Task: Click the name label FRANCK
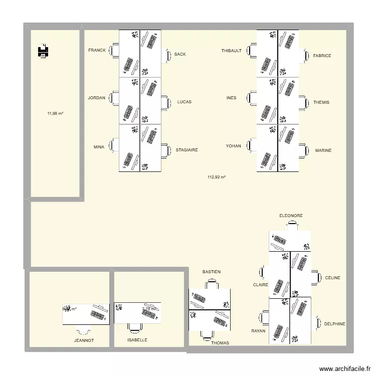coord(97,50)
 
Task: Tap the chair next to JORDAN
coord(114,98)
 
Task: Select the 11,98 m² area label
coord(55,113)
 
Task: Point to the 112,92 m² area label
coord(217,177)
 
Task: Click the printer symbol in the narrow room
coord(43,51)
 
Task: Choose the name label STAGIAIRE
coord(186,150)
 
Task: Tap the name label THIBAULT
coord(232,51)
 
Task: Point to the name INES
coord(231,98)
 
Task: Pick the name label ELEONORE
coord(291,216)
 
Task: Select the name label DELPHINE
coord(334,324)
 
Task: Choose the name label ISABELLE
coord(137,340)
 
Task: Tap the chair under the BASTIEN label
coord(211,284)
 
